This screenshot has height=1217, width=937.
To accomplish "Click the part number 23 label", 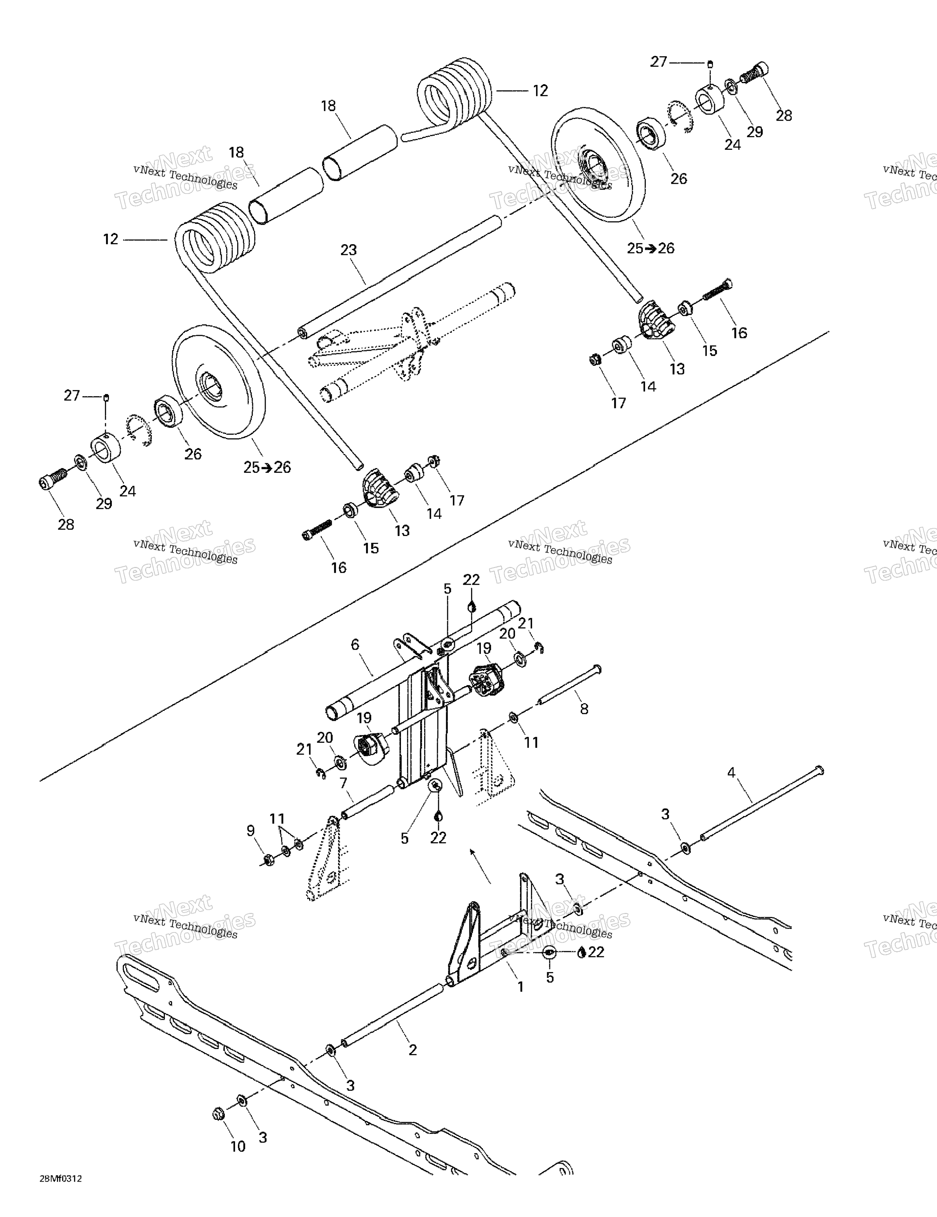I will [348, 250].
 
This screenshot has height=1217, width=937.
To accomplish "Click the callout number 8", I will [584, 709].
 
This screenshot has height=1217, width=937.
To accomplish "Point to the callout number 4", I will [731, 772].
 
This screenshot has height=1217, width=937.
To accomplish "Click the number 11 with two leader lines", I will [277, 819].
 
